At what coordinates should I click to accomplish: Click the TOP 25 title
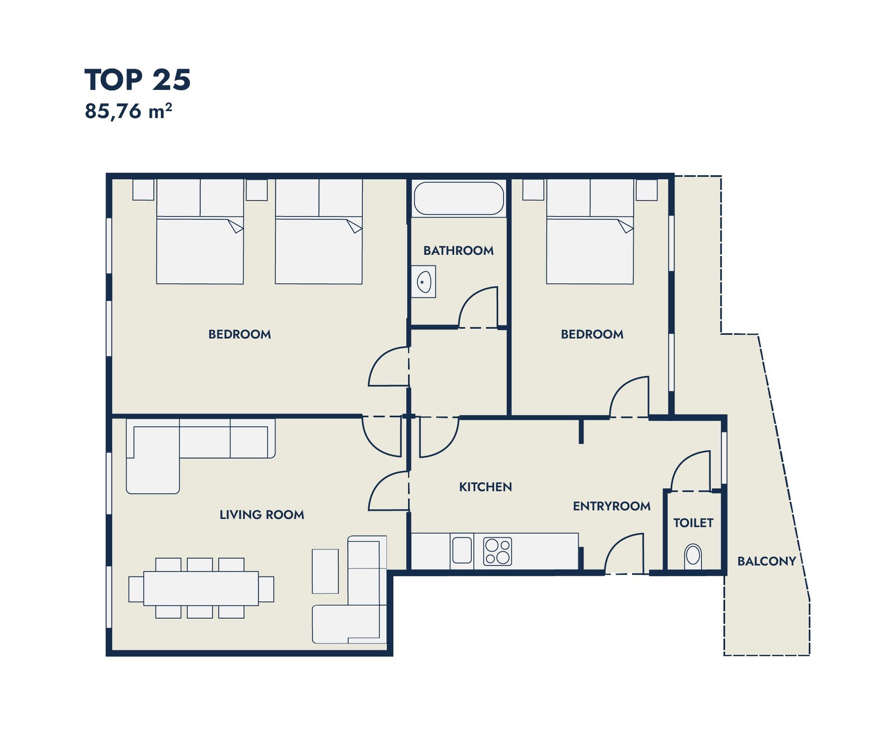pos(138,80)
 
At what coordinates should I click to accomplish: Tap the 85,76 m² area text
pos(128,112)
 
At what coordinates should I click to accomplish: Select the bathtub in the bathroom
pos(459,198)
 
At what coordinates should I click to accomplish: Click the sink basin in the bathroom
pos(424,282)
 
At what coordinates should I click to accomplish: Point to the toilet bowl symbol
pos(693,556)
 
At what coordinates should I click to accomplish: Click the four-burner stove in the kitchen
pos(497,551)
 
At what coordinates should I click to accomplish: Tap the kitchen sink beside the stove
pos(462,550)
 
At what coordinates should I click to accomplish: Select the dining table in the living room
pos(201,588)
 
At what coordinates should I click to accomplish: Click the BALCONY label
pos(767,561)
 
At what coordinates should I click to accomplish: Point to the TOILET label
pos(693,523)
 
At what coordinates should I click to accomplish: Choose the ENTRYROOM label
pos(611,506)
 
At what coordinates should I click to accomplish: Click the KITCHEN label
pos(485,487)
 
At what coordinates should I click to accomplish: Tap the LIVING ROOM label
pos(262,515)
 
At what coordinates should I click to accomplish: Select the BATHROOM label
pos(459,251)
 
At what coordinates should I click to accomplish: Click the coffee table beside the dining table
pos(325,571)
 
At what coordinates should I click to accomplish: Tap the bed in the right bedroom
pos(590,231)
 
